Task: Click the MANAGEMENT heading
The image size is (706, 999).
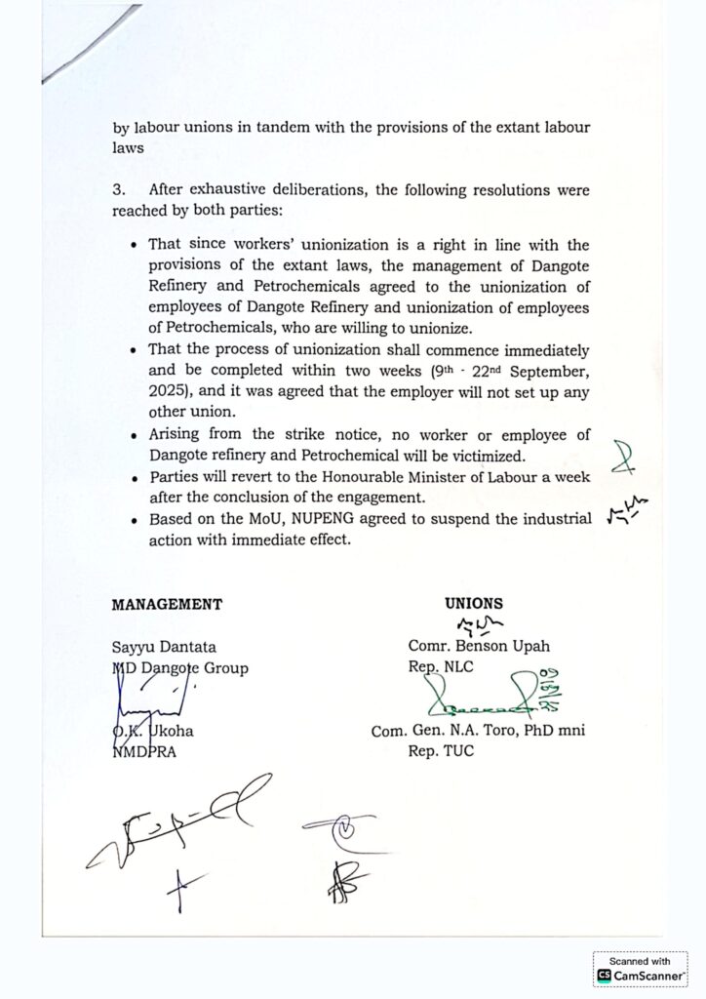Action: [167, 604]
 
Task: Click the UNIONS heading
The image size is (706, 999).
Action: [474, 604]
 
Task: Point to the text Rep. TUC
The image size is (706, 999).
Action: [441, 752]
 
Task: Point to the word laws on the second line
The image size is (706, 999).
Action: [129, 148]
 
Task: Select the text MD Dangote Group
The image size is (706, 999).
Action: [179, 667]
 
